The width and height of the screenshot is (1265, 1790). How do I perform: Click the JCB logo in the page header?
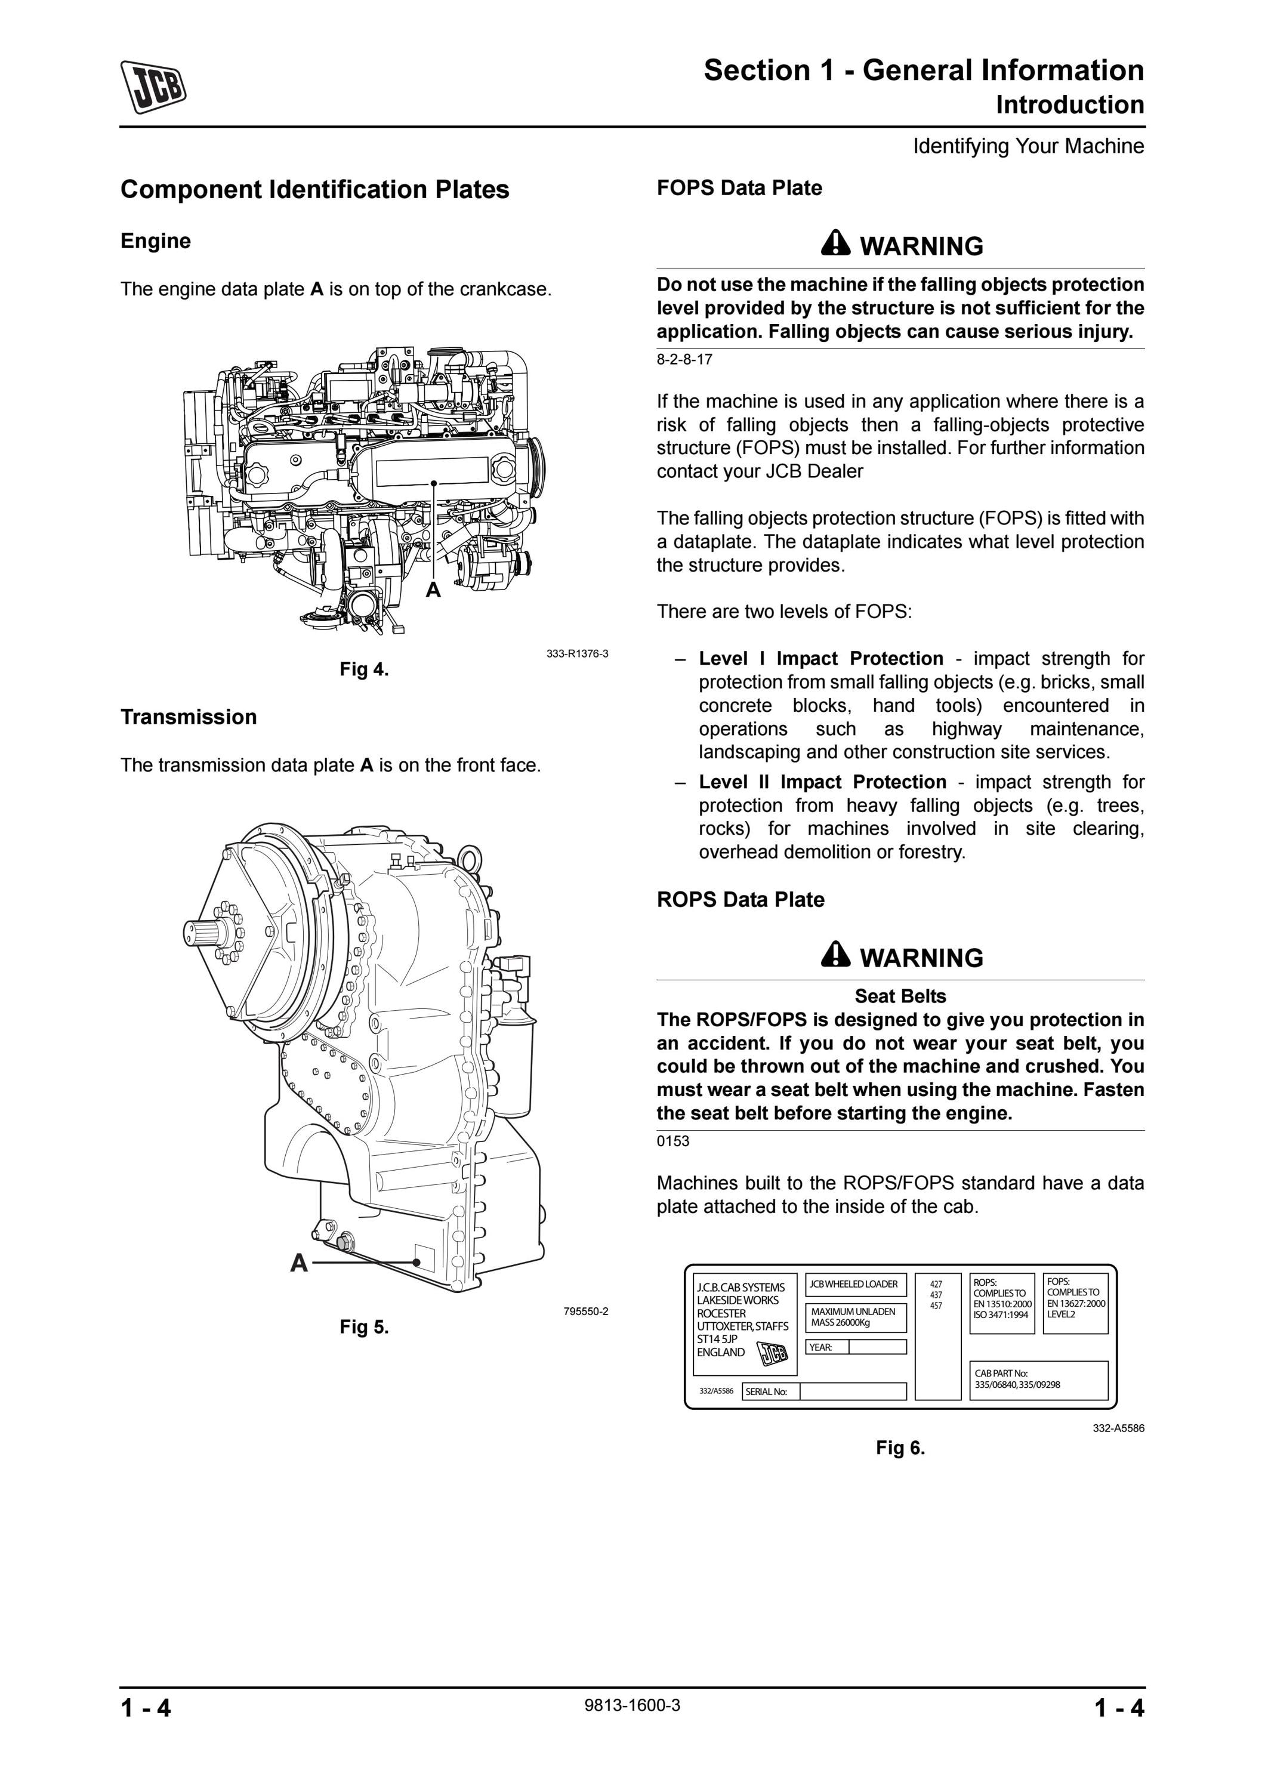153,87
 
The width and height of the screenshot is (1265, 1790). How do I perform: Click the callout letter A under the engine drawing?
433,590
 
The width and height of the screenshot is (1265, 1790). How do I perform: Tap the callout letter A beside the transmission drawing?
300,1263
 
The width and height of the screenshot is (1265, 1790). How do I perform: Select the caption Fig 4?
364,669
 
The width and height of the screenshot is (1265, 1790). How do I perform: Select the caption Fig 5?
364,1327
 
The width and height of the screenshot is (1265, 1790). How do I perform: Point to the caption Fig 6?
900,1448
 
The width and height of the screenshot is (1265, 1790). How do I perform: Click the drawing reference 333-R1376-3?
578,653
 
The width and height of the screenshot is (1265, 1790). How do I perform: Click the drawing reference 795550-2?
586,1311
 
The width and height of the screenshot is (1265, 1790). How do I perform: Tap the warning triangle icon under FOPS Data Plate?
835,243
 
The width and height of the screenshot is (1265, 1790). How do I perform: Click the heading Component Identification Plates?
315,190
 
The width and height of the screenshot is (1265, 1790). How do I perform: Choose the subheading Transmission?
189,717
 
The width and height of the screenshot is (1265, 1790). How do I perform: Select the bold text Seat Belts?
900,996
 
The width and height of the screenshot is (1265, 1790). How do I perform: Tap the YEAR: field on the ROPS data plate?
856,1347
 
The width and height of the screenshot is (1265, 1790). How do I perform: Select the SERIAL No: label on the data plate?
767,1391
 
